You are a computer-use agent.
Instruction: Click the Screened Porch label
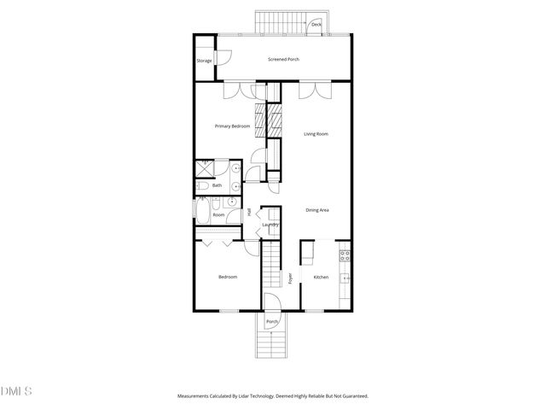coord(283,59)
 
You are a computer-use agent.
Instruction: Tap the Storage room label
coord(204,61)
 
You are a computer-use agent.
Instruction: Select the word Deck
coord(316,25)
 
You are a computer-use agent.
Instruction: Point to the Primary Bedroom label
coord(232,126)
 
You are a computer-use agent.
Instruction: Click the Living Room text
coord(317,134)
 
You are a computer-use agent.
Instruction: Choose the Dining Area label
coord(318,210)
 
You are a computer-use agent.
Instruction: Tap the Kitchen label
coord(321,277)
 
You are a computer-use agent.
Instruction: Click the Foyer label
coord(290,278)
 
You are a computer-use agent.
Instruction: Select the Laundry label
coord(270,225)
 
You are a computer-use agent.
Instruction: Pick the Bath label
coord(217,185)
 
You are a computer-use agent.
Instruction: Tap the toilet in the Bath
coord(202,184)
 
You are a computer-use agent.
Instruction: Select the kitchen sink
coord(346,277)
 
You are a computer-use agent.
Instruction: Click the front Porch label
coord(272,322)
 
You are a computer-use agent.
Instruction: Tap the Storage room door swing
coord(219,57)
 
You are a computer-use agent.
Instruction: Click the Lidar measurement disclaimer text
coord(272,396)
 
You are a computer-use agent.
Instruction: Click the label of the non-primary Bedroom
coord(227,277)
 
